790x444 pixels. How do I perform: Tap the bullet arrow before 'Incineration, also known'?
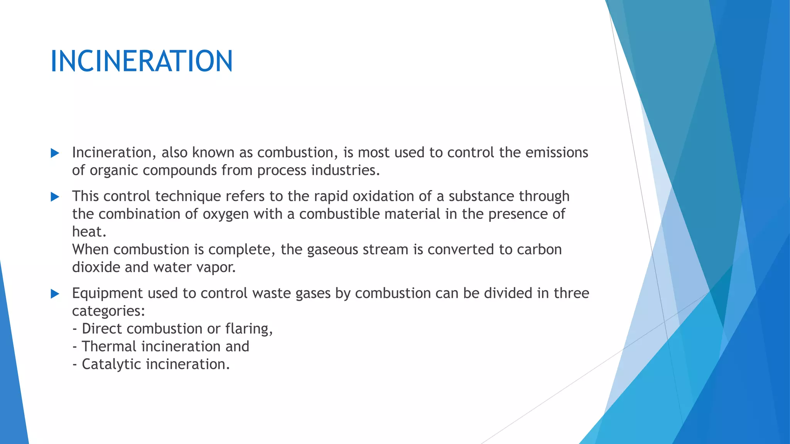point(55,153)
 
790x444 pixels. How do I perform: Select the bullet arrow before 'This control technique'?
point(55,197)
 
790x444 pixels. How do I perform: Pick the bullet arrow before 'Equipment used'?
point(55,294)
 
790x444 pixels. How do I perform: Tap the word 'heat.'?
point(89,232)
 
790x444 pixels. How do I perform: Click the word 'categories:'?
point(108,311)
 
